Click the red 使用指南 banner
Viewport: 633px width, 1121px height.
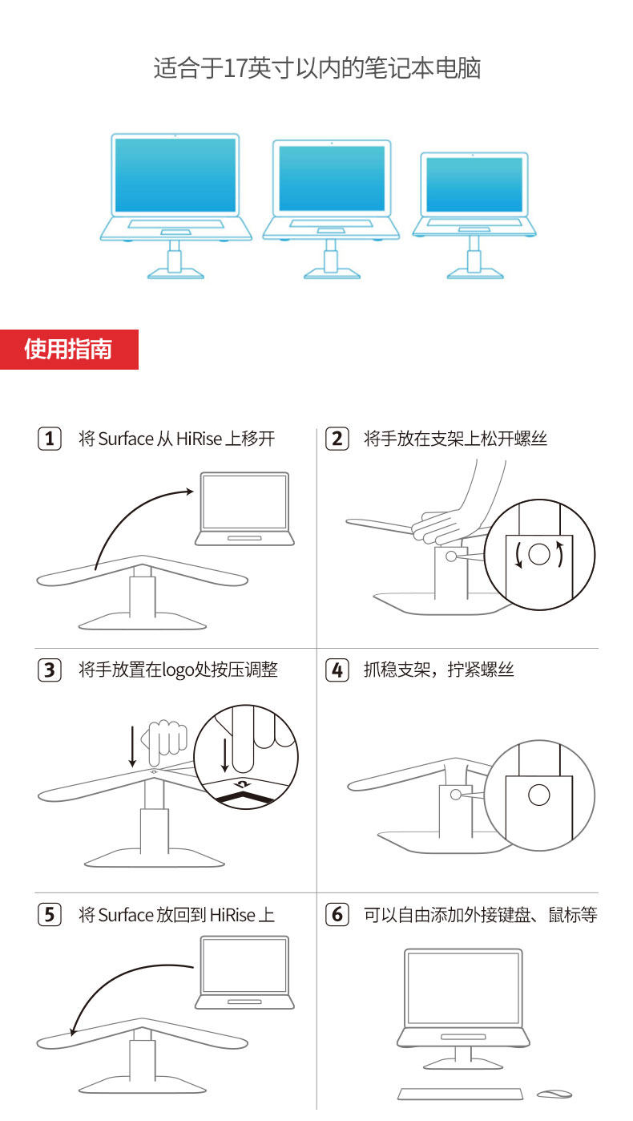point(69,350)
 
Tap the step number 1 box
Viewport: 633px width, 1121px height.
point(50,439)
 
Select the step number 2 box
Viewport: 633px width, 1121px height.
point(337,439)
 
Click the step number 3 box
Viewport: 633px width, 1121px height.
point(50,670)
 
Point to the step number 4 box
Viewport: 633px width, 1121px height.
point(337,670)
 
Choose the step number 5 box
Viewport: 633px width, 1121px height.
point(50,914)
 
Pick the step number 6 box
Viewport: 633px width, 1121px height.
point(337,914)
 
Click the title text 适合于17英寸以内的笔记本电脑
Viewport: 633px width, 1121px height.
point(316,68)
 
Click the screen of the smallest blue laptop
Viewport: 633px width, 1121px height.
point(474,184)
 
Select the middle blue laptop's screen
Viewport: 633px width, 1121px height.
point(332,179)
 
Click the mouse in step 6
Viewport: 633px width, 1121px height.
point(554,1094)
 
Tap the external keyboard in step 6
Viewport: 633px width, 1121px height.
point(460,1094)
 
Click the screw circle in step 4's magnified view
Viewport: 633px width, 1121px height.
point(538,795)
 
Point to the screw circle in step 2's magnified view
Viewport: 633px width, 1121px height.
point(538,553)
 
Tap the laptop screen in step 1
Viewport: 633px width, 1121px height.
point(244,501)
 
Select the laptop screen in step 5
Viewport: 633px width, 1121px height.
point(244,965)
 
